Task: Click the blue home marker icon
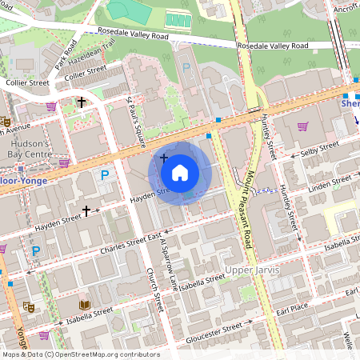pyautogui.click(x=180, y=173)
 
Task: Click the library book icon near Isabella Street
pyautogui.click(x=85, y=305)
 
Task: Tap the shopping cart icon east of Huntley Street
pyautogui.click(x=303, y=126)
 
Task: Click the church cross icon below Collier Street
pyautogui.click(x=81, y=102)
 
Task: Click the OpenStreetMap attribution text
pyautogui.click(x=80, y=354)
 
